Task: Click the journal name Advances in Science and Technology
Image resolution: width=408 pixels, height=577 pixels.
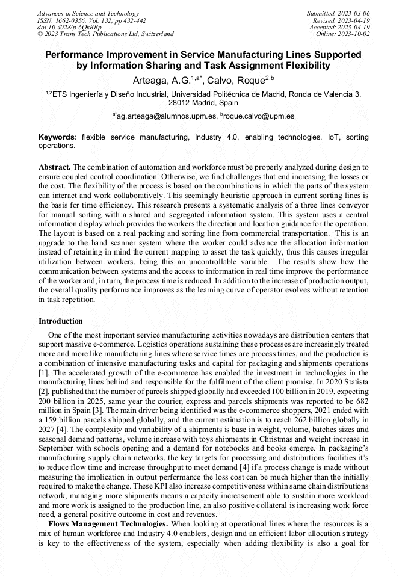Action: pos(88,13)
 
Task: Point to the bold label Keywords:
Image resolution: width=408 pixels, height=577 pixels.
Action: pos(58,137)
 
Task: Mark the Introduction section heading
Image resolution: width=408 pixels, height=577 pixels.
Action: pos(60,321)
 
